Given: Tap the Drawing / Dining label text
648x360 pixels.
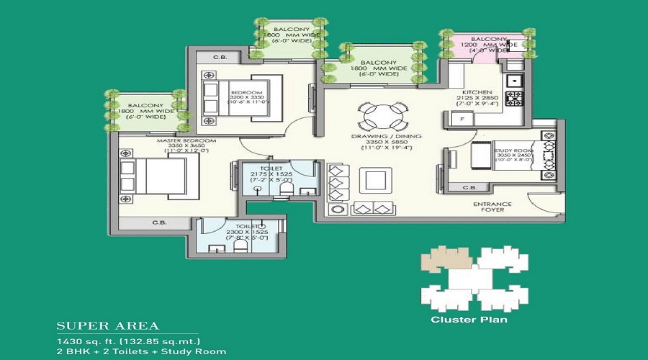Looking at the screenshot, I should [387, 136].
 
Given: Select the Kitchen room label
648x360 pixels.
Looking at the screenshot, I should [478, 93].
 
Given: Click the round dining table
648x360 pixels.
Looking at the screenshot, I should [376, 115].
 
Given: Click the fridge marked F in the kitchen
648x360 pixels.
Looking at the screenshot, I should [461, 119].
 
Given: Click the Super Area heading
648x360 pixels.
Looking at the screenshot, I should [108, 325].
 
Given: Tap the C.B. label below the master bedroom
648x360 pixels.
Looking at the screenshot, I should [159, 223].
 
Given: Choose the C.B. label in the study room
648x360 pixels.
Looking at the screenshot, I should [469, 188].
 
